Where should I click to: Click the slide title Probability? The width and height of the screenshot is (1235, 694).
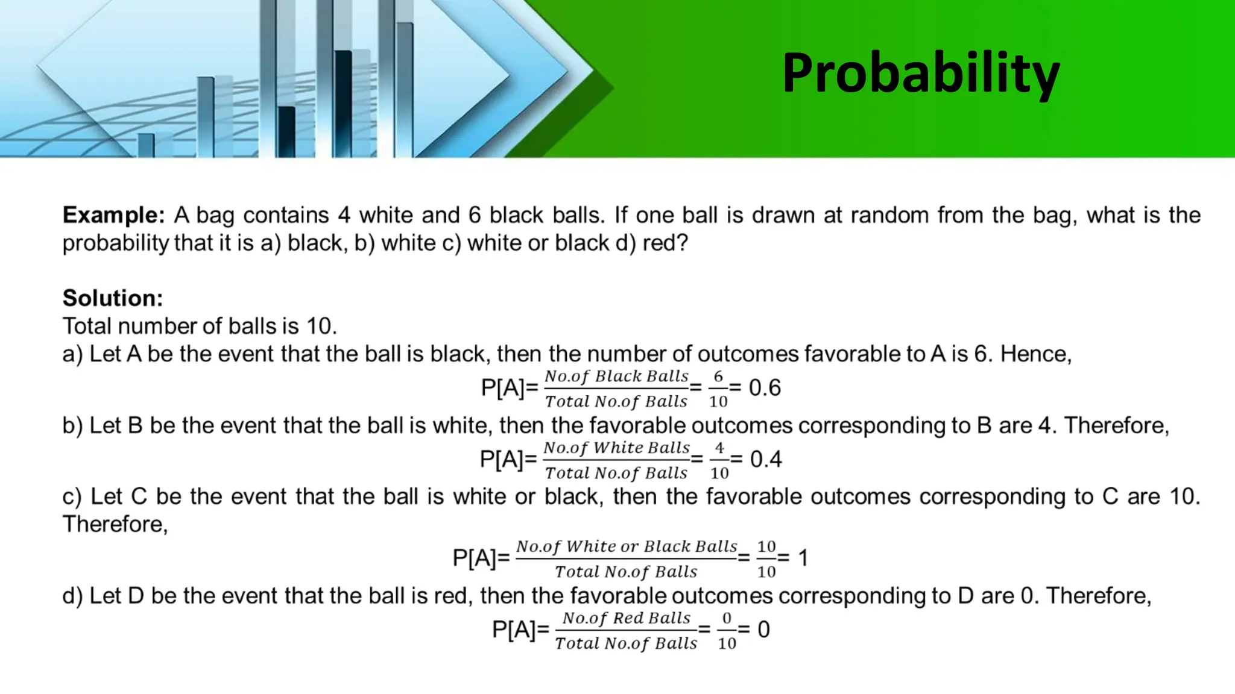pyautogui.click(x=921, y=73)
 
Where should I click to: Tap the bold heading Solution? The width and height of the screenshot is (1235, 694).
pyautogui.click(x=113, y=298)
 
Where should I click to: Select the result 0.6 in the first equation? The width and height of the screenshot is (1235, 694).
pyautogui.click(x=765, y=388)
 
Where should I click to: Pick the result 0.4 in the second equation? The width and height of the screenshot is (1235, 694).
pyautogui.click(x=766, y=460)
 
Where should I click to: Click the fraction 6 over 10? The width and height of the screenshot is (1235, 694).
pyautogui.click(x=718, y=389)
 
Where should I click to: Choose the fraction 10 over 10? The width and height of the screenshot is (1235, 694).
pyautogui.click(x=766, y=558)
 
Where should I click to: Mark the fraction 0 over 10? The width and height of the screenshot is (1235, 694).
pyautogui.click(x=727, y=630)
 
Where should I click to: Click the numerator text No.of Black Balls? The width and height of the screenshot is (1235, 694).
pyautogui.click(x=616, y=377)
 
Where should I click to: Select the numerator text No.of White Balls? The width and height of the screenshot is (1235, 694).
pyautogui.click(x=616, y=448)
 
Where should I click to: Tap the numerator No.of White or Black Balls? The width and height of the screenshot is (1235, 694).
pyautogui.click(x=627, y=546)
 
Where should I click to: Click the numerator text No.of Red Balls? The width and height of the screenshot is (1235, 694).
pyautogui.click(x=626, y=618)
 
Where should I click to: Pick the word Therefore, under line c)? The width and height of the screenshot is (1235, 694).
pyautogui.click(x=115, y=525)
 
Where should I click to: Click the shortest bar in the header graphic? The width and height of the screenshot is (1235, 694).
pyautogui.click(x=146, y=145)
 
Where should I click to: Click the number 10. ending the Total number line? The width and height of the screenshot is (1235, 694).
pyautogui.click(x=321, y=327)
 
